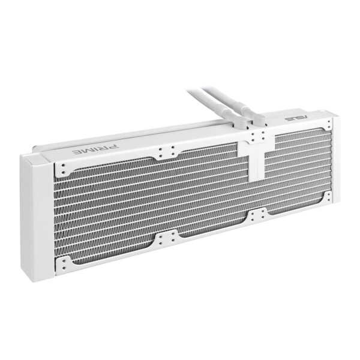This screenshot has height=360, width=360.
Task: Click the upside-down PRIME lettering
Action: [96, 149]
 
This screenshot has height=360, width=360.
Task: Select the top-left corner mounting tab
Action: [63, 169]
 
